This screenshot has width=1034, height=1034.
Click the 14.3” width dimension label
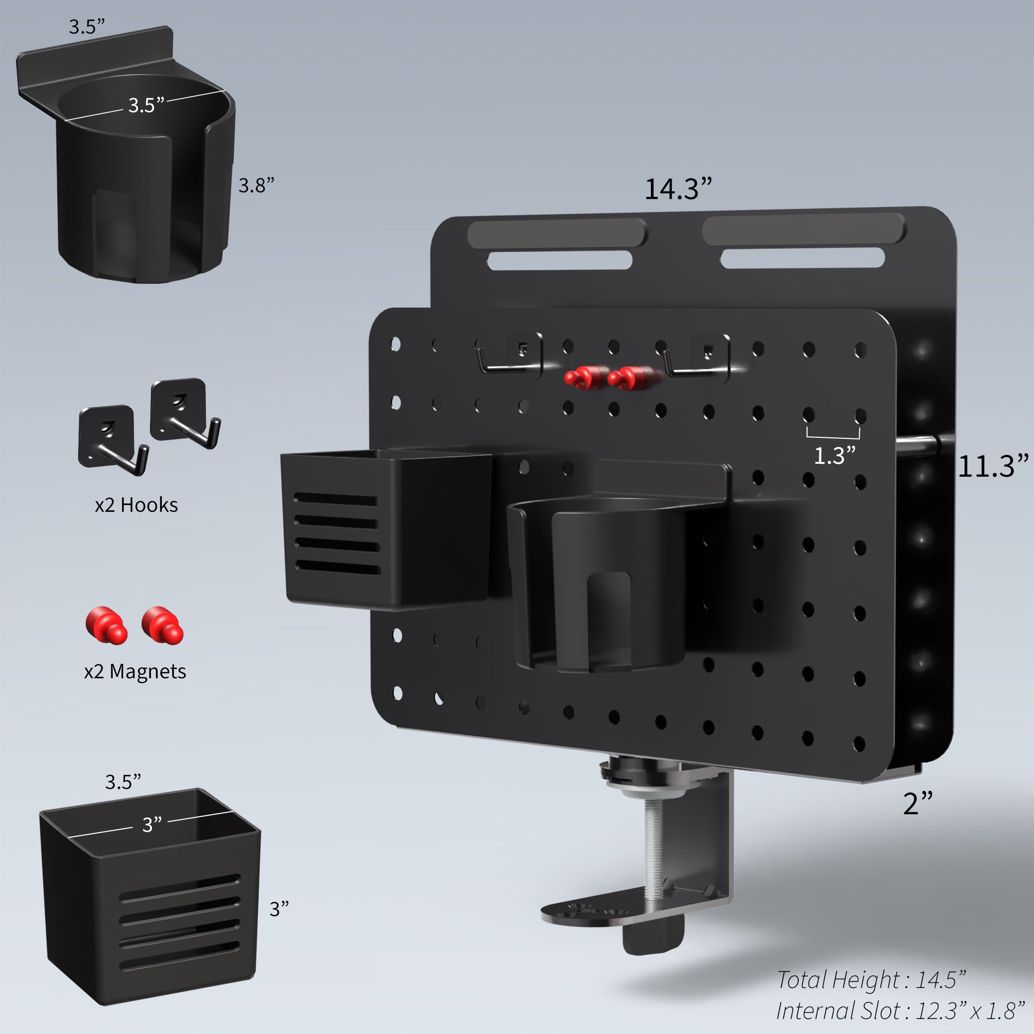tap(678, 189)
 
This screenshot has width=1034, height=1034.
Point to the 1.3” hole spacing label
tap(834, 456)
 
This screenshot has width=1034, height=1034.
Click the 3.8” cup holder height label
tap(256, 186)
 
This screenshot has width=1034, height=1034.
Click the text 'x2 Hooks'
tap(136, 505)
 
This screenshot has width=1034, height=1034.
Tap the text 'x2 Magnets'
tap(135, 672)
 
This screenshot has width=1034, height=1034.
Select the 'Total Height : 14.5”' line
tap(871, 980)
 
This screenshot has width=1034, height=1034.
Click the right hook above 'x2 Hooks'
tap(185, 413)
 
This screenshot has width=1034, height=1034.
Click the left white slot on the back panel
tap(559, 261)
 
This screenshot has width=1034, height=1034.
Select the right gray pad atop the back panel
tap(803, 230)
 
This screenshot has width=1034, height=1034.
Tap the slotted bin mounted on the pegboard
tap(385, 530)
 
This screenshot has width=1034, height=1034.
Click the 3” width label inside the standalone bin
tap(151, 825)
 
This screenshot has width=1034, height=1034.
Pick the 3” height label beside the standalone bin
tap(279, 909)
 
